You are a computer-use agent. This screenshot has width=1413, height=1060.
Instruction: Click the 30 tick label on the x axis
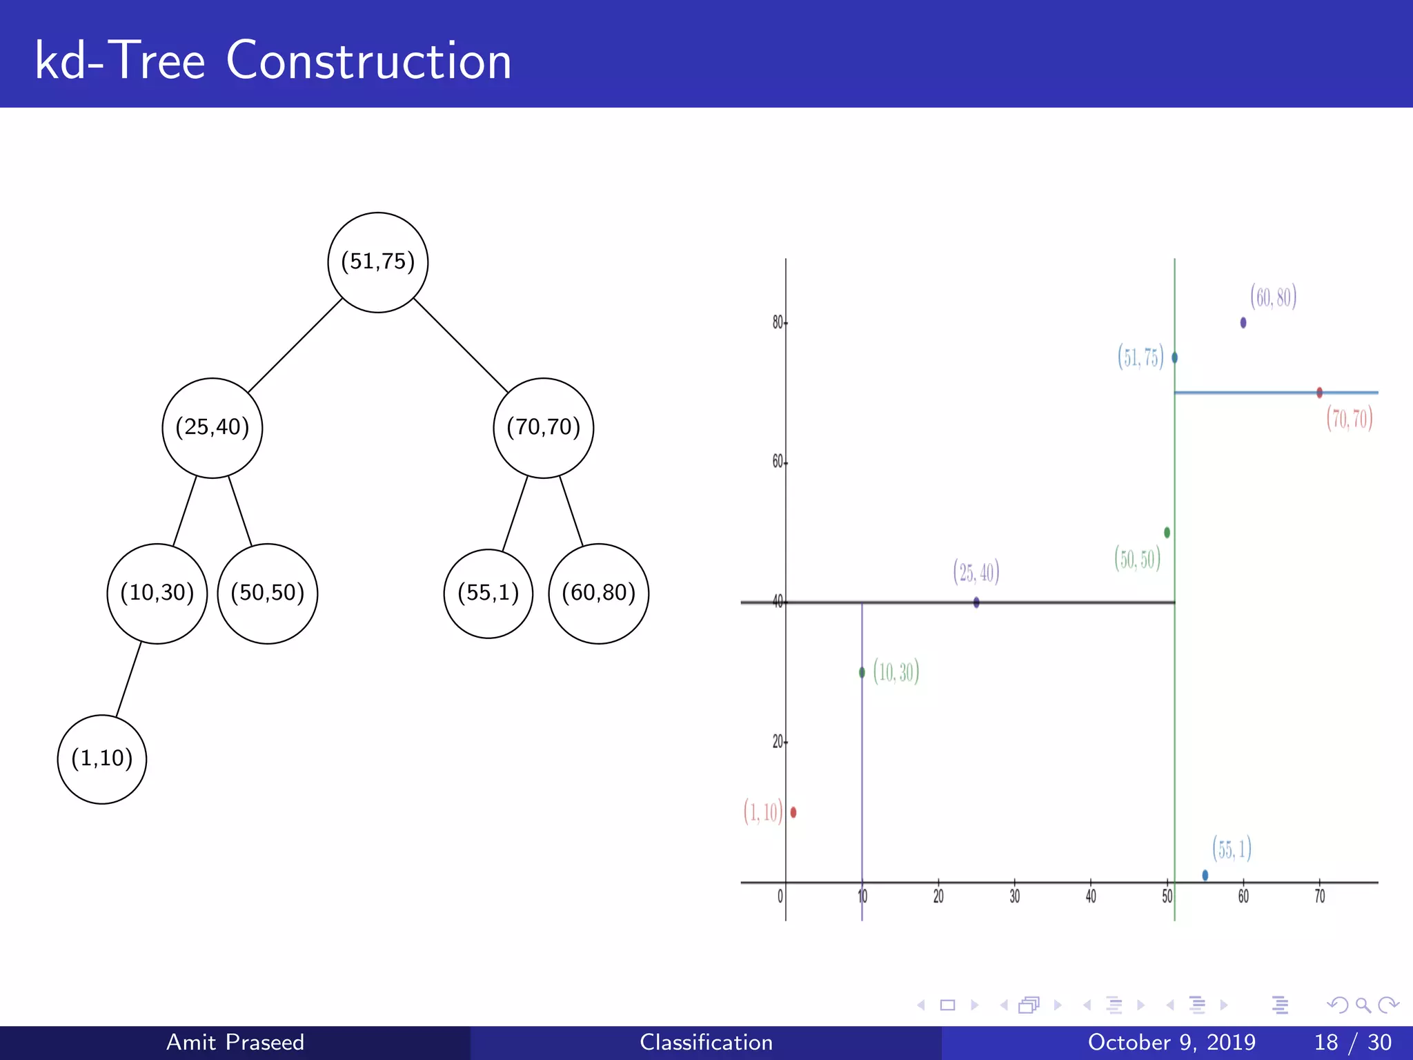(x=1014, y=896)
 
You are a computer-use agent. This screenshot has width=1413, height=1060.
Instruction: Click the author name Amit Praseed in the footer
(x=235, y=1042)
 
